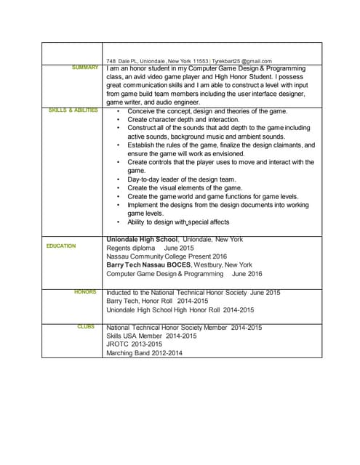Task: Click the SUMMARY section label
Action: [x=85, y=68]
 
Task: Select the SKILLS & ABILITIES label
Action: [x=73, y=110]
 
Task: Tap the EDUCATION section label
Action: [x=61, y=246]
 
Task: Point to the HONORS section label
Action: [x=85, y=292]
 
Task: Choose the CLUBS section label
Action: [x=86, y=327]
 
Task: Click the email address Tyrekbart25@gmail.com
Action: [x=241, y=61]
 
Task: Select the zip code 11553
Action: [x=199, y=61]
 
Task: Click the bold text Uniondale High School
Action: [x=142, y=239]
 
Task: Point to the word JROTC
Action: [x=118, y=344]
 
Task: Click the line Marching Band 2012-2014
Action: [x=145, y=353]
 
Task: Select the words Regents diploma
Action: [x=131, y=248]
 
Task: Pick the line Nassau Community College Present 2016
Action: [x=167, y=256]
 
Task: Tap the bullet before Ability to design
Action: [x=119, y=222]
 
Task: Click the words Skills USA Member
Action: [x=133, y=336]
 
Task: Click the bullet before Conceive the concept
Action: [x=119, y=111]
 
